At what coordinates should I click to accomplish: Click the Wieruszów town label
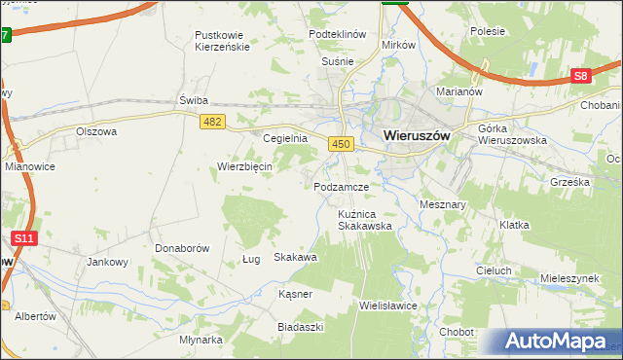tap(417, 136)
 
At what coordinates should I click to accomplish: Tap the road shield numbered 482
tap(213, 121)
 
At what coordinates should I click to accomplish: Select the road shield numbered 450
tap(340, 143)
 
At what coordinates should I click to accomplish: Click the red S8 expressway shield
tap(581, 76)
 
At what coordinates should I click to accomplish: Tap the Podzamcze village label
tap(342, 186)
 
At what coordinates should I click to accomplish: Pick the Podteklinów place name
tap(337, 33)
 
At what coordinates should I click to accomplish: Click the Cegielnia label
tap(285, 138)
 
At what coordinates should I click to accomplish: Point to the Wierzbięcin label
tap(244, 165)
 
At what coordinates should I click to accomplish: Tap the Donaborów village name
tap(182, 248)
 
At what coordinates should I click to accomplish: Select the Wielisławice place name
tap(387, 305)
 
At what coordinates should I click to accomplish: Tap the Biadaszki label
tap(301, 327)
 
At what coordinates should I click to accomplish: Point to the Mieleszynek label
tap(570, 278)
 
